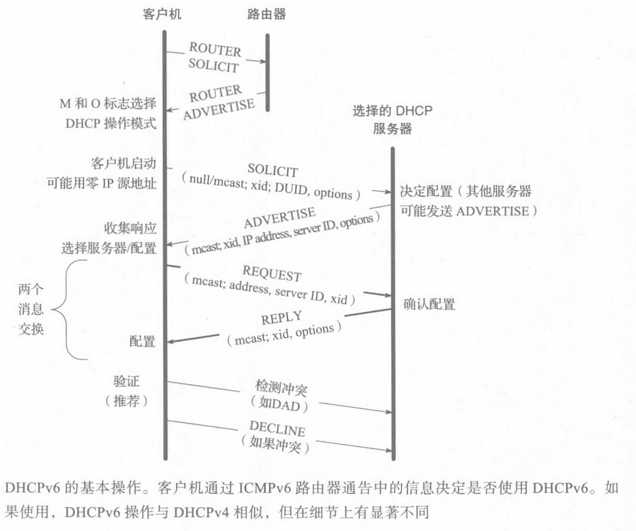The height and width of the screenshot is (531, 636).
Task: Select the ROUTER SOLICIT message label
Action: pyautogui.click(x=215, y=56)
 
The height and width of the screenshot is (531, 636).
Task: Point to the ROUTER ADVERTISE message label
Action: pyautogui.click(x=218, y=101)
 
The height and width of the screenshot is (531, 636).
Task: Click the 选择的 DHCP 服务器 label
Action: pyautogui.click(x=392, y=120)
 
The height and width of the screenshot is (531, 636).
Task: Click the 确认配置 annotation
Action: pyautogui.click(x=430, y=304)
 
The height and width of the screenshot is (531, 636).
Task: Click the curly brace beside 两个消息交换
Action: pyautogui.click(x=68, y=309)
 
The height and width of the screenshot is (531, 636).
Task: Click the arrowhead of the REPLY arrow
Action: pyautogui.click(x=173, y=342)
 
